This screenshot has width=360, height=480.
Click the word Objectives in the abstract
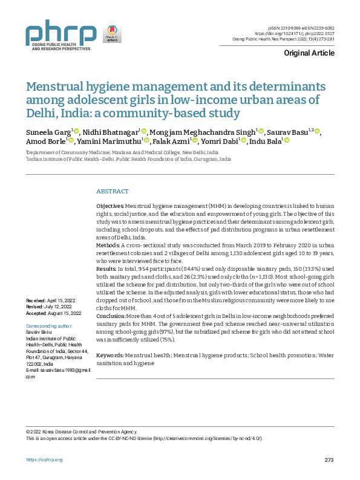pos(111,207)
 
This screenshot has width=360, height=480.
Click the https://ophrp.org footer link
pos(44,460)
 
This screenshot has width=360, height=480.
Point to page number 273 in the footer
pos(329,460)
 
